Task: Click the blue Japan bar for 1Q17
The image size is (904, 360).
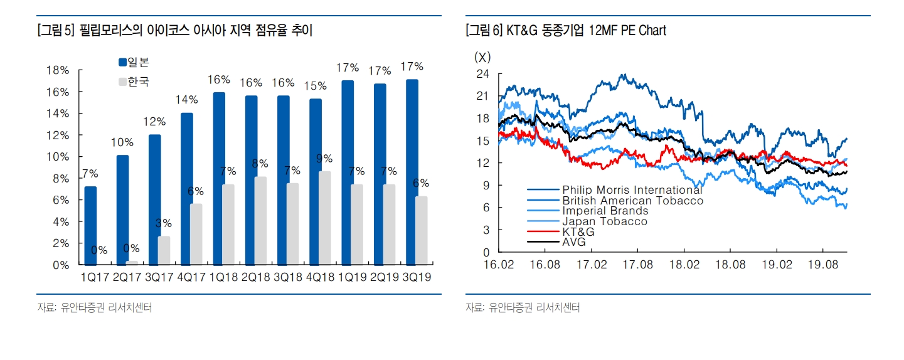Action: click(90, 226)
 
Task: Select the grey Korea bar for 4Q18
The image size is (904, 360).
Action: click(324, 218)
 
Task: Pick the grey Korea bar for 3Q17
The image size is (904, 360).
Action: click(164, 250)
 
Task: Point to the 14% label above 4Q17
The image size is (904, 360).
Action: click(188, 100)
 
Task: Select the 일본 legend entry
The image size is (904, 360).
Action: click(134, 62)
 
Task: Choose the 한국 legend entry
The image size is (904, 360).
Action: click(134, 82)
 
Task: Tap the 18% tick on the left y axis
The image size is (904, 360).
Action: click(58, 71)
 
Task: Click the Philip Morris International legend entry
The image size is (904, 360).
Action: click(632, 189)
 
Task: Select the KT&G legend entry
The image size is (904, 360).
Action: click(578, 231)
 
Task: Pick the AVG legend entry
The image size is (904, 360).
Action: click(574, 242)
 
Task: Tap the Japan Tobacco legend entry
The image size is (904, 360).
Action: click(604, 221)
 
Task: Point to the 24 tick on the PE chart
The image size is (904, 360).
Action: click(482, 73)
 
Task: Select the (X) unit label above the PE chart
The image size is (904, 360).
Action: click(482, 57)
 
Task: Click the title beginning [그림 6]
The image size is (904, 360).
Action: click(565, 30)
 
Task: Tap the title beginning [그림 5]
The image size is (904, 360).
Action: click(175, 30)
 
